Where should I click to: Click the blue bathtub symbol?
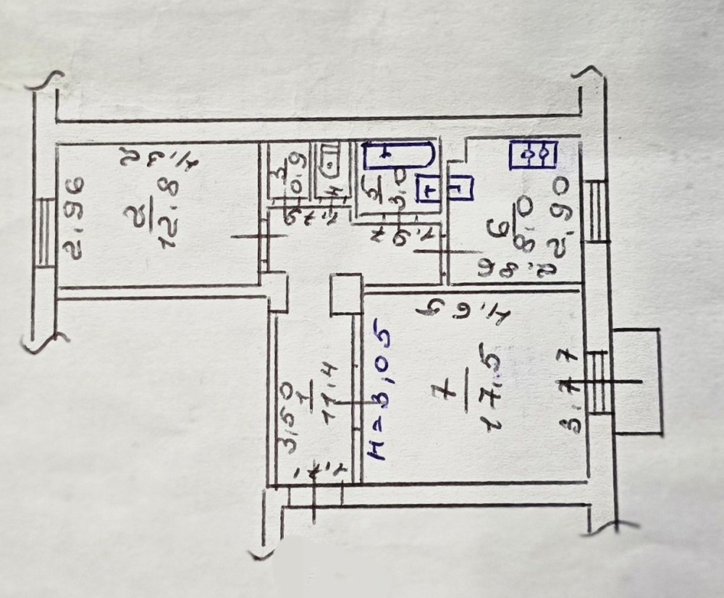coord(399,155)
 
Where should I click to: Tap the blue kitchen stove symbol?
coord(533,154)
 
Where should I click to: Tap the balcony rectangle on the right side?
coord(636,381)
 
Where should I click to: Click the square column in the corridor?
coord(345,294)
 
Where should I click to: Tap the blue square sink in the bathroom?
coord(429,190)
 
